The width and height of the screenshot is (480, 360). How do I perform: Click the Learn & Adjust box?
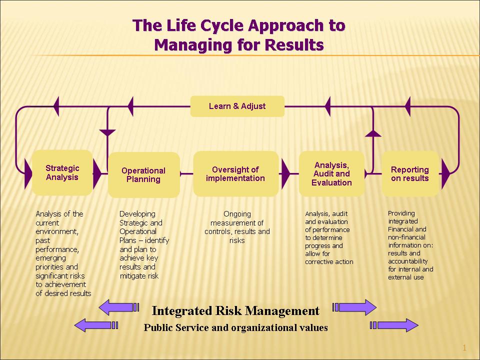point(237,106)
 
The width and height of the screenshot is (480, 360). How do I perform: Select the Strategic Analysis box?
point(62,172)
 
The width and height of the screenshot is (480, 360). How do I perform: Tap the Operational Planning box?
point(143,175)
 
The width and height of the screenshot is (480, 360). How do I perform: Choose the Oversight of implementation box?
point(235,174)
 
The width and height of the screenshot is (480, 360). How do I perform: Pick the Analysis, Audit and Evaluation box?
point(331,174)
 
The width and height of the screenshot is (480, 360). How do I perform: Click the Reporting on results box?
point(410,174)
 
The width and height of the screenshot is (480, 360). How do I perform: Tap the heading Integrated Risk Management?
point(235,311)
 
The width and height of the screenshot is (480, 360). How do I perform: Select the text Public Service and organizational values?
point(235,328)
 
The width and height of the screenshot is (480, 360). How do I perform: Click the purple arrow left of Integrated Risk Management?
point(118,306)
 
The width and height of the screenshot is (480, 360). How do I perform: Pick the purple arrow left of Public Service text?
point(95,325)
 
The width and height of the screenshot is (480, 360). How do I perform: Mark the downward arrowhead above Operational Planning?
point(107,132)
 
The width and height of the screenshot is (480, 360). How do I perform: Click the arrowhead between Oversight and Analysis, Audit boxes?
point(285,174)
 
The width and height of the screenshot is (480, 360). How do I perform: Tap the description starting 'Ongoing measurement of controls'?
point(237,227)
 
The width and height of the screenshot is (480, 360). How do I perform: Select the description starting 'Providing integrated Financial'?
point(410,245)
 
